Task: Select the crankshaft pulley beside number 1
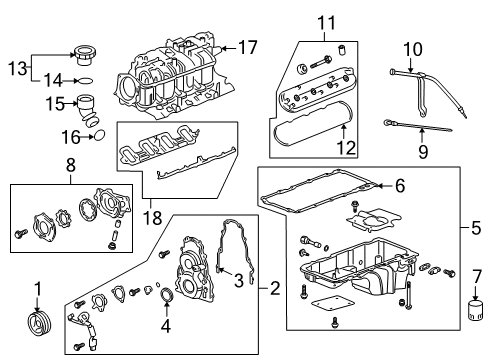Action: pyautogui.click(x=41, y=327)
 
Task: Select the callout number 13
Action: pyautogui.click(x=12, y=67)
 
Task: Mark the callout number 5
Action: pyautogui.click(x=477, y=227)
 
